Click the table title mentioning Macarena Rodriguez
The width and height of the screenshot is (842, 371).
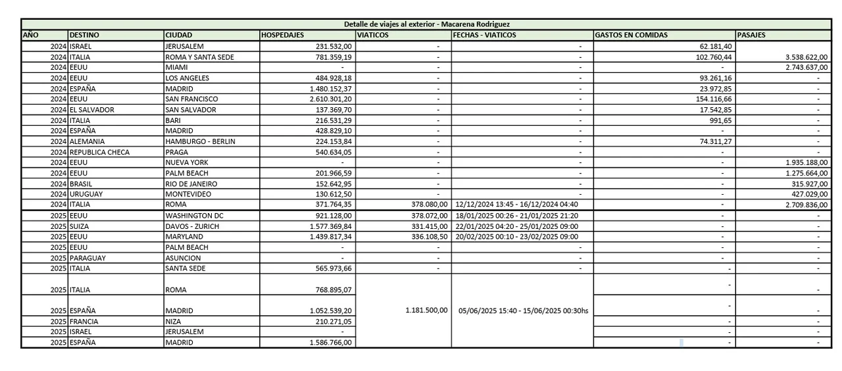click(426, 24)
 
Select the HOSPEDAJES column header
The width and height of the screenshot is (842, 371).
click(282, 35)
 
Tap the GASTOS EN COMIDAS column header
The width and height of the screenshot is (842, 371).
click(631, 35)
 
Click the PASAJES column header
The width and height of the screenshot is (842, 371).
click(751, 35)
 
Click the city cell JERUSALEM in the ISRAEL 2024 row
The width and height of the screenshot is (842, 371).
click(184, 46)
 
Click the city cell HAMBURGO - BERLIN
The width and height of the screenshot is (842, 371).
click(200, 141)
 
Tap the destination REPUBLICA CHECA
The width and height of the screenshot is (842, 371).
click(99, 152)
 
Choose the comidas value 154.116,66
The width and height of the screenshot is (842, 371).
click(708, 99)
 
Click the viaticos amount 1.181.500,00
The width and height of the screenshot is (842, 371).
click(426, 310)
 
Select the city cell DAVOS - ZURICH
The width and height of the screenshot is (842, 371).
click(192, 226)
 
